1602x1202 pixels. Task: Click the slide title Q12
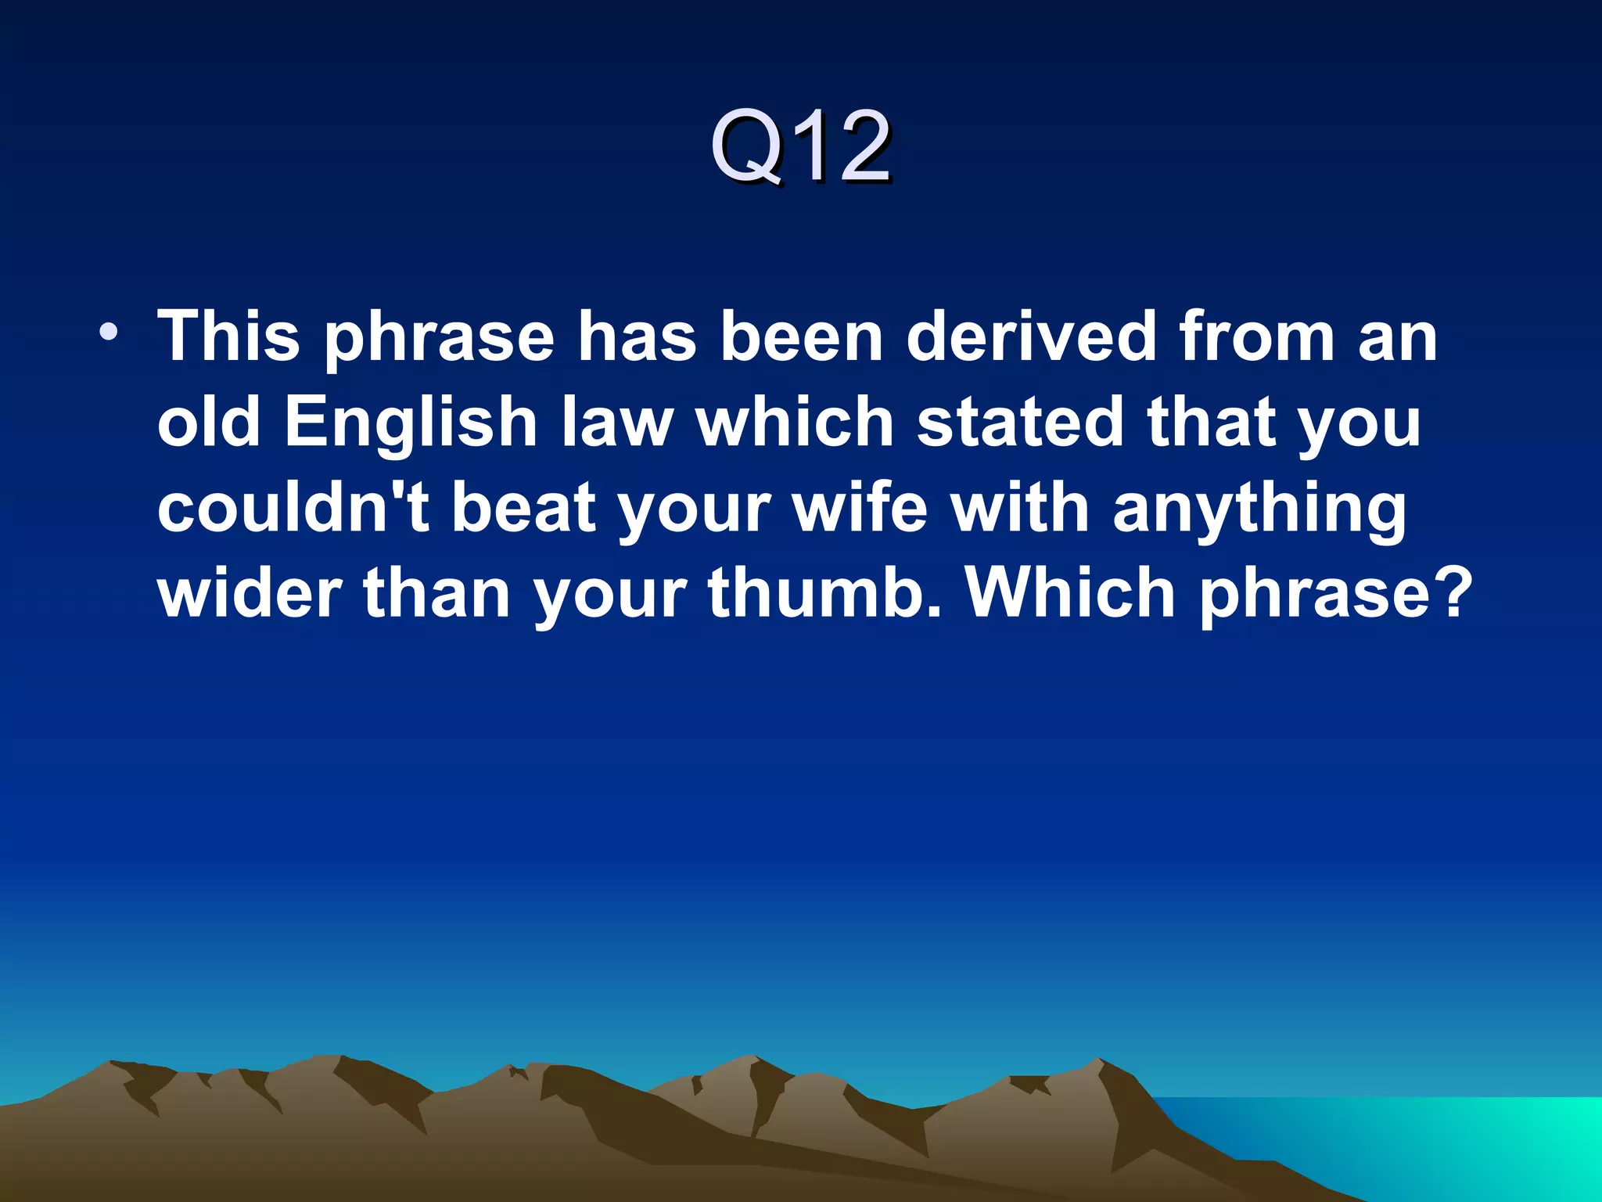tap(799, 146)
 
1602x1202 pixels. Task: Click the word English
tap(411, 423)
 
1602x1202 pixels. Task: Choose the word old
tap(208, 423)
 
